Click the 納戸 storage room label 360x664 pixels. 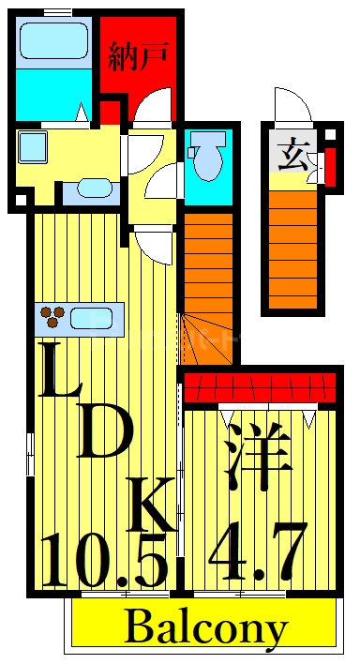[x=138, y=57]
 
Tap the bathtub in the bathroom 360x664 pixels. [x=52, y=42]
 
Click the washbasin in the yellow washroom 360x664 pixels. [x=93, y=188]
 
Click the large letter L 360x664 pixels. [x=63, y=370]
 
